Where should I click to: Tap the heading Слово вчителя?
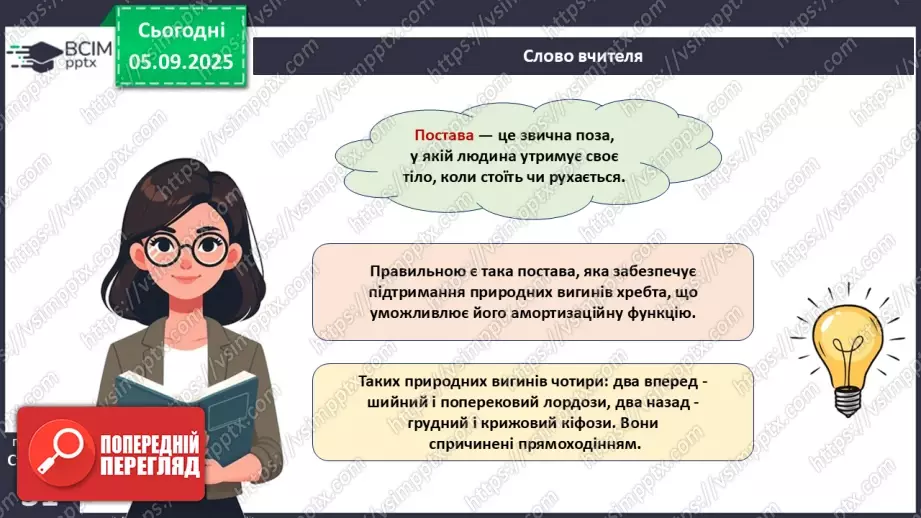583,56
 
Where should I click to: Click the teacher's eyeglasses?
186,249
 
